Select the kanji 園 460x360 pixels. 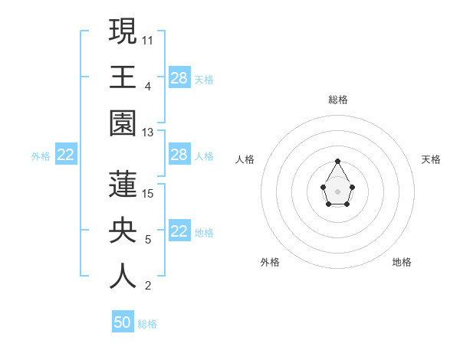(123, 123)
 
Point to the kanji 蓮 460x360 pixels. (123, 184)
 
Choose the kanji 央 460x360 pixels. (123, 231)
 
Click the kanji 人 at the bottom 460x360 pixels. (123, 277)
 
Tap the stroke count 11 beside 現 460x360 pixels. (148, 39)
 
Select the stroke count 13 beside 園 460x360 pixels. (148, 133)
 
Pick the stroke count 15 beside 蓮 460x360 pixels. (148, 193)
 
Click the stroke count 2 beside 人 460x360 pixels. (148, 286)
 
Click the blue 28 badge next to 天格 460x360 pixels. (179, 78)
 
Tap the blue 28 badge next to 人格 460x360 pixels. (179, 155)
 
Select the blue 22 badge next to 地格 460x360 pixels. (179, 232)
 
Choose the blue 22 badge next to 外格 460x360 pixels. (66, 155)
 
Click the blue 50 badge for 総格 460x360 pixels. (123, 322)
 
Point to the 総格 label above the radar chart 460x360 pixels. (338, 100)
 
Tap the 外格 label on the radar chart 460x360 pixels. (270, 262)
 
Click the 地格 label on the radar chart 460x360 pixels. (402, 262)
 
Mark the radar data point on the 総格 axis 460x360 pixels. (338, 161)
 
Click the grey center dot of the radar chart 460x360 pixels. (338, 191)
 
